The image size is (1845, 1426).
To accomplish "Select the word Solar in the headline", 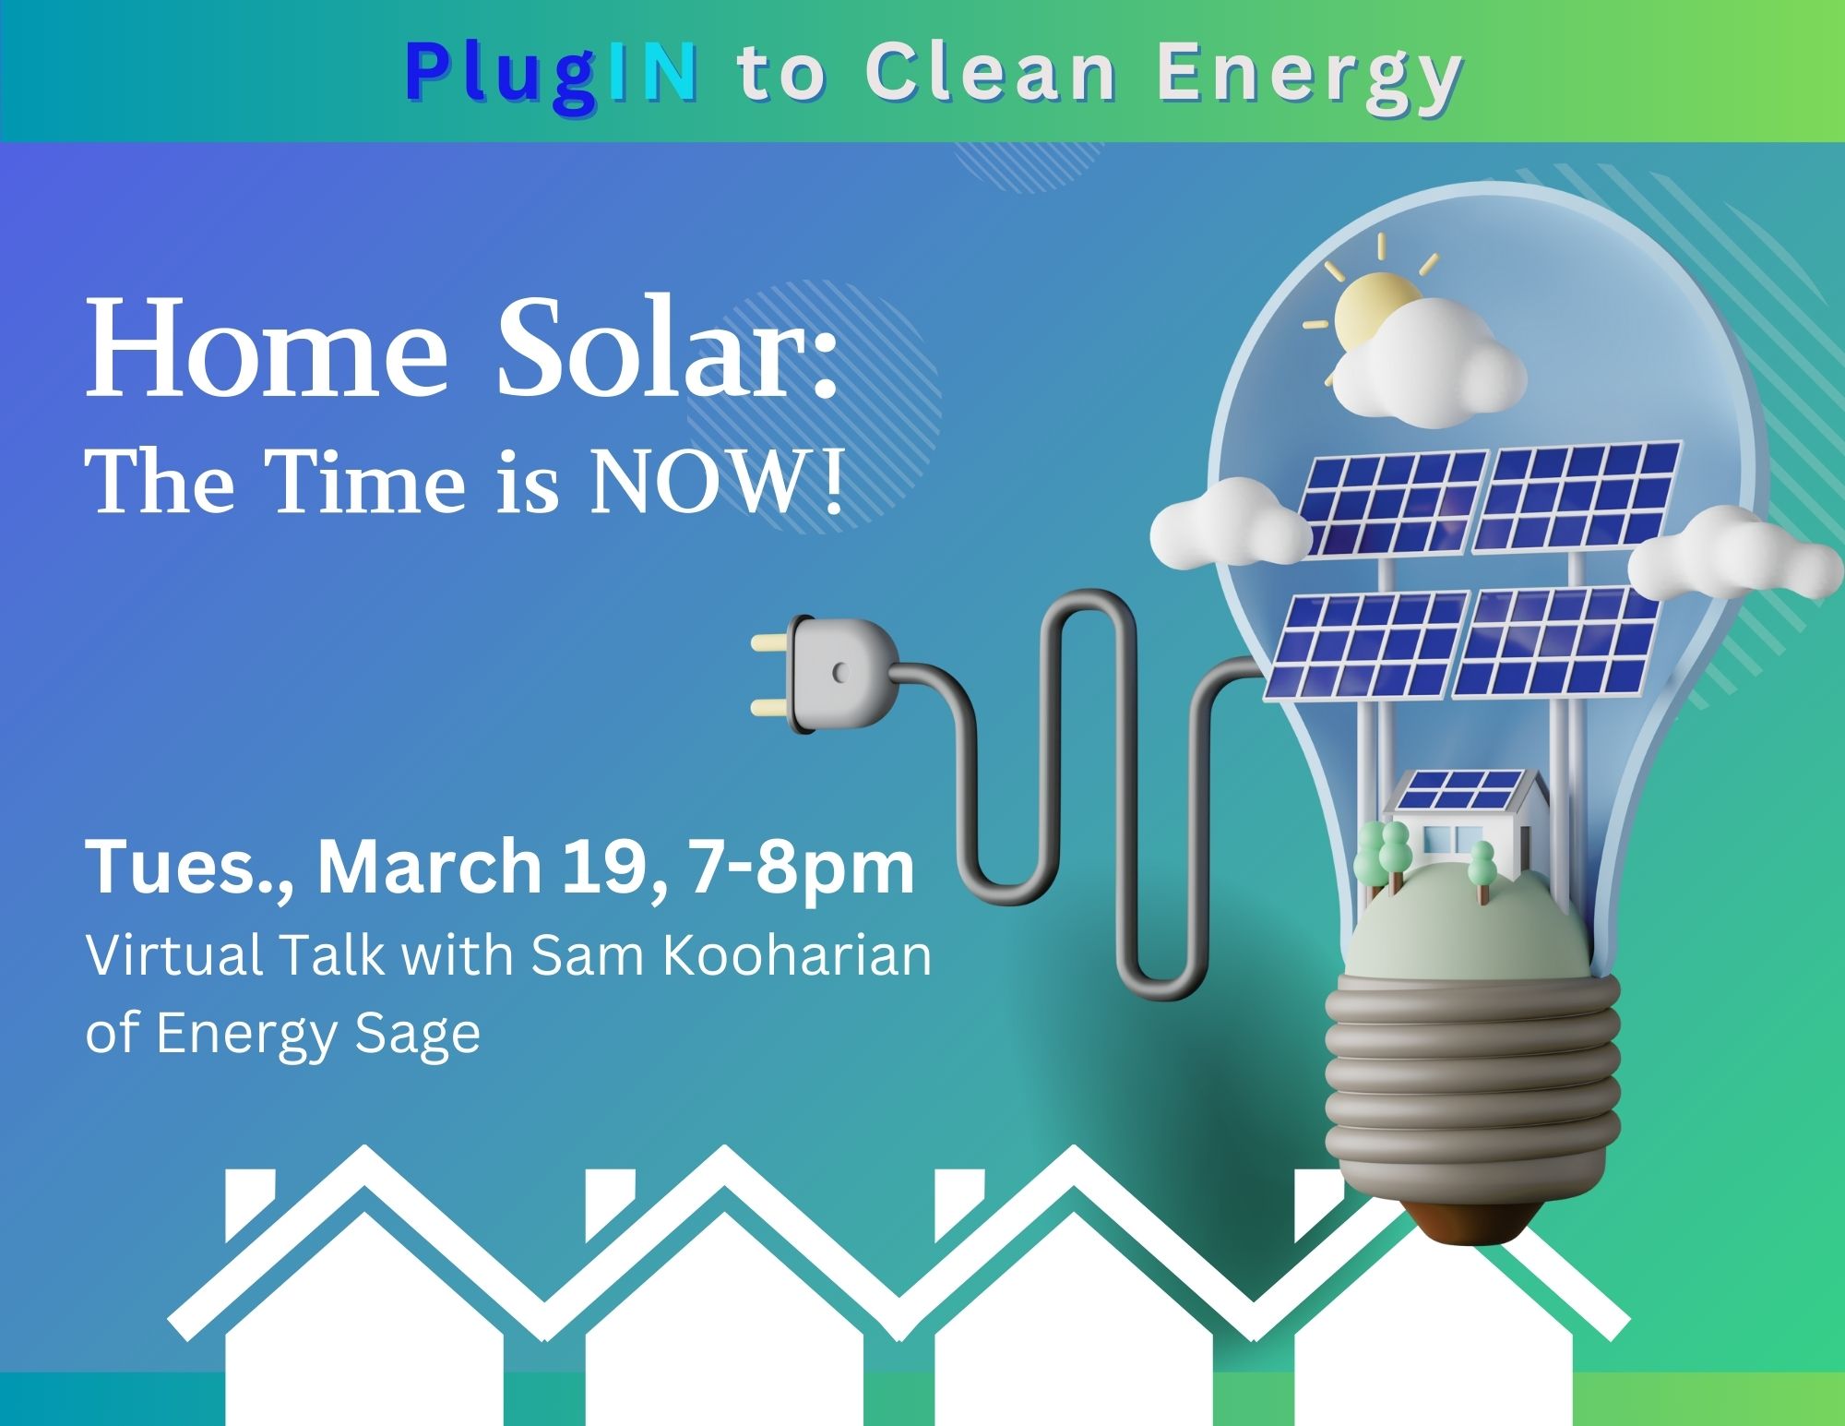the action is (x=668, y=353).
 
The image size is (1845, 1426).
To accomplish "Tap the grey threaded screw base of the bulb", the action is (x=1472, y=1099).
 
